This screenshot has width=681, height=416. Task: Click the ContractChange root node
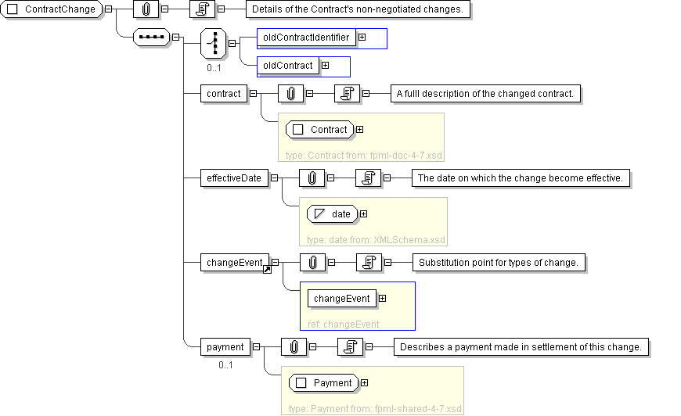pyautogui.click(x=51, y=9)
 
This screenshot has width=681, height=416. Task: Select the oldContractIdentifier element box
pyautogui.click(x=306, y=38)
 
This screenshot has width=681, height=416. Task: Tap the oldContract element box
pyautogui.click(x=287, y=66)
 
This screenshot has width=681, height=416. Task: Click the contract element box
pyautogui.click(x=224, y=94)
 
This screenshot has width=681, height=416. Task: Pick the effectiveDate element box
pyautogui.click(x=234, y=178)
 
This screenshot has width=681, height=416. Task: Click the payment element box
pyautogui.click(x=225, y=347)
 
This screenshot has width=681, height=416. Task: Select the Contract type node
pyautogui.click(x=319, y=130)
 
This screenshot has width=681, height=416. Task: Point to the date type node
pyautogui.click(x=332, y=213)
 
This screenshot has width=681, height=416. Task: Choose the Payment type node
pyautogui.click(x=323, y=383)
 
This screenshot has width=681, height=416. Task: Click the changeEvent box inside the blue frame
pyautogui.click(x=342, y=299)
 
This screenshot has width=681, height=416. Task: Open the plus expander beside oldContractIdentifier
pyautogui.click(x=362, y=38)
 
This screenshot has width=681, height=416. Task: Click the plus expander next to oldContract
pyautogui.click(x=326, y=66)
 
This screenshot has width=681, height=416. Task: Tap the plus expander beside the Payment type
pyautogui.click(x=365, y=383)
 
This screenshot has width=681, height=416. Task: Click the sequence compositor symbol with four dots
pyautogui.click(x=152, y=38)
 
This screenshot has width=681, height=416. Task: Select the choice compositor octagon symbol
pyautogui.click(x=213, y=43)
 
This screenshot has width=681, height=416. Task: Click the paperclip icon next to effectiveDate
pyautogui.click(x=312, y=178)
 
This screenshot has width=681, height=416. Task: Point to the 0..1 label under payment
pyautogui.click(x=225, y=365)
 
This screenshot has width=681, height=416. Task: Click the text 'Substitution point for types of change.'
pyautogui.click(x=498, y=263)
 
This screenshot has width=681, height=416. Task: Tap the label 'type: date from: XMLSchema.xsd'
pyautogui.click(x=376, y=240)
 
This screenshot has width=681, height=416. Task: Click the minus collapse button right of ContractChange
pyautogui.click(x=109, y=9)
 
